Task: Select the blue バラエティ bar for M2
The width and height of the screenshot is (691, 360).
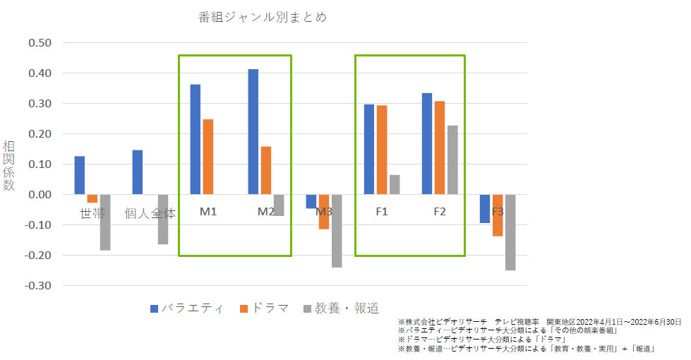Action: pos(253,131)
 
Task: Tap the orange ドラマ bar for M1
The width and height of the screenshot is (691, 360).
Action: pos(208,157)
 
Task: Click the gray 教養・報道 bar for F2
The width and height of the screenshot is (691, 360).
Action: pos(452,160)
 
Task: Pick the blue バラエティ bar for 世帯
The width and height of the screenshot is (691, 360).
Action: pos(80,175)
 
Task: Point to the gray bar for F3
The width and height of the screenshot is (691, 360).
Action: pos(510,232)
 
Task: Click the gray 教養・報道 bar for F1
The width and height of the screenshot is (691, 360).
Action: pos(395,184)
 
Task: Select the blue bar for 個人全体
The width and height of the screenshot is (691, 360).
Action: pos(138,172)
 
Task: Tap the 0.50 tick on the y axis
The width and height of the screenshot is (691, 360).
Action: pos(40,43)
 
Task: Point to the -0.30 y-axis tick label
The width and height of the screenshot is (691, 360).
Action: pos(39,286)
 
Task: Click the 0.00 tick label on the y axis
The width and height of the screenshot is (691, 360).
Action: pos(40,195)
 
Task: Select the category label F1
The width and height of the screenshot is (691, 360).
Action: pos(382,212)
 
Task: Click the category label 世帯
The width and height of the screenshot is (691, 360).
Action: pos(92,212)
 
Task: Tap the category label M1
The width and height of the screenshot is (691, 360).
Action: pos(208,212)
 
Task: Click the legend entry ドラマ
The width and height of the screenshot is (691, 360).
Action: pos(265,308)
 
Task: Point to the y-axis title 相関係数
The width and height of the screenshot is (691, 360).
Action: pos(8,165)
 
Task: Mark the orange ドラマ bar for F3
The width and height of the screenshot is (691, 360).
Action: pos(498,215)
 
